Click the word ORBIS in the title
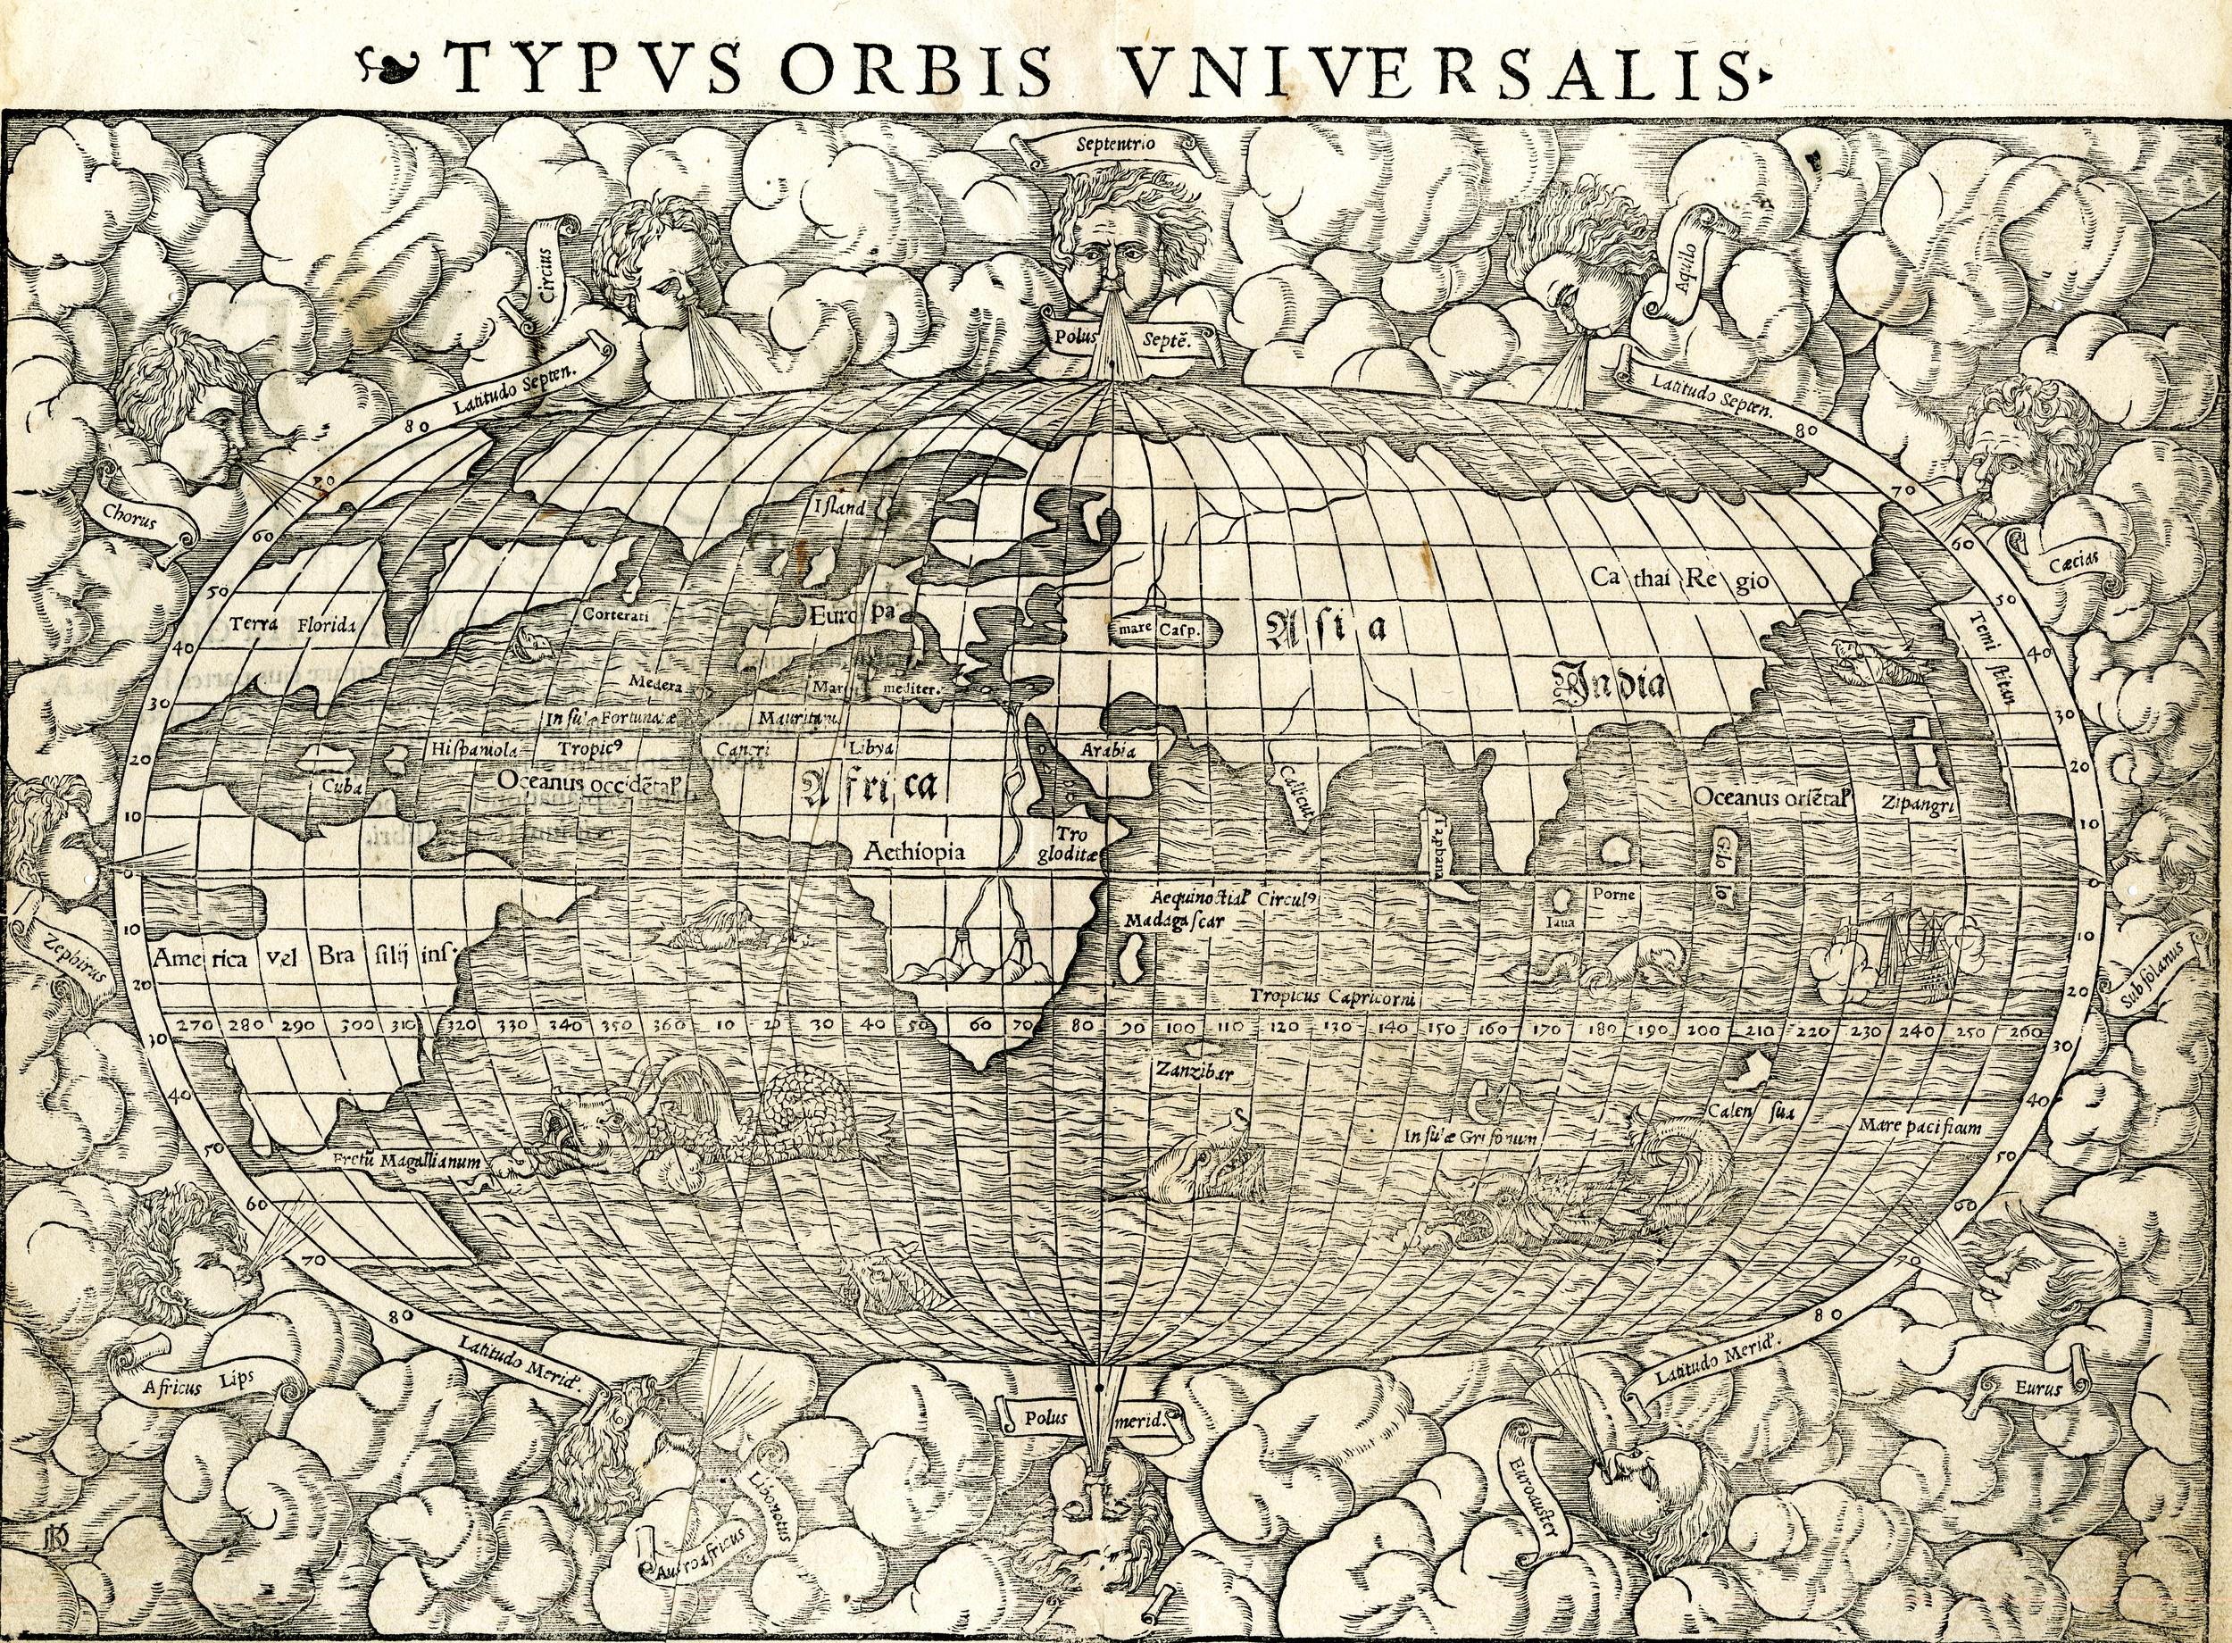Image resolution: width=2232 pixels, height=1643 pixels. point(916,69)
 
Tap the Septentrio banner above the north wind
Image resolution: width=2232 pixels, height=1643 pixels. point(1115,143)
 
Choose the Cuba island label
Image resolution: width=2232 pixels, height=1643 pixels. point(343,784)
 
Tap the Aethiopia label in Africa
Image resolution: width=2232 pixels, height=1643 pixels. point(914,851)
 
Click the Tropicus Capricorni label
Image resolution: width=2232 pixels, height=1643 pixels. point(1332,997)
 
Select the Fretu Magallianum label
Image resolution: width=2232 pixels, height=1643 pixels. point(406,1161)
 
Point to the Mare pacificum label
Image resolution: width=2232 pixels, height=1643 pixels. point(1919,1127)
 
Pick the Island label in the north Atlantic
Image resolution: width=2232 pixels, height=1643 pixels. point(841,506)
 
